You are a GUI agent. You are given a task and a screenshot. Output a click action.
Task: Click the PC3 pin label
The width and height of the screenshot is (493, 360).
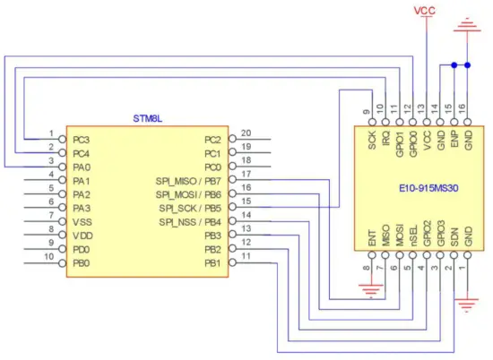[82, 140]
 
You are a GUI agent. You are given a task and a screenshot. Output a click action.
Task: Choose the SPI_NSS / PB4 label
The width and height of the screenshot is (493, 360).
[189, 221]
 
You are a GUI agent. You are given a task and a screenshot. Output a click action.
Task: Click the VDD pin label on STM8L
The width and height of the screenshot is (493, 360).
[83, 235]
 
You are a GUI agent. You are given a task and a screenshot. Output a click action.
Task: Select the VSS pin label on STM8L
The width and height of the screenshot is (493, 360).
[83, 221]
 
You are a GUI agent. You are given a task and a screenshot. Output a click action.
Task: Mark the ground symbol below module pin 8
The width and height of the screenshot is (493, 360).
[368, 288]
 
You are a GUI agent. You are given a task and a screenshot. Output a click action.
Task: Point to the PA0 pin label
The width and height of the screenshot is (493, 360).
[82, 167]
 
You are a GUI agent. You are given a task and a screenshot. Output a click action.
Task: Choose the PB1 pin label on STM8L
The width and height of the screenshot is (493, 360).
[212, 262]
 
